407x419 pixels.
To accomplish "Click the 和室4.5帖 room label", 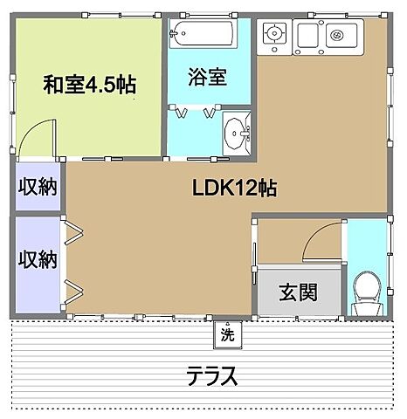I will click(x=92, y=86).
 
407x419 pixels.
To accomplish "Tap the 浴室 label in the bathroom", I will click(x=208, y=76).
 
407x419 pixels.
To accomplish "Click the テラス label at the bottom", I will click(x=211, y=377).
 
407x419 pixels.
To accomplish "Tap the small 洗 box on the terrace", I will click(x=227, y=333).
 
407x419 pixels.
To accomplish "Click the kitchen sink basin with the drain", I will click(x=337, y=36).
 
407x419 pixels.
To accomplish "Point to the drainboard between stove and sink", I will click(x=307, y=36).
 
